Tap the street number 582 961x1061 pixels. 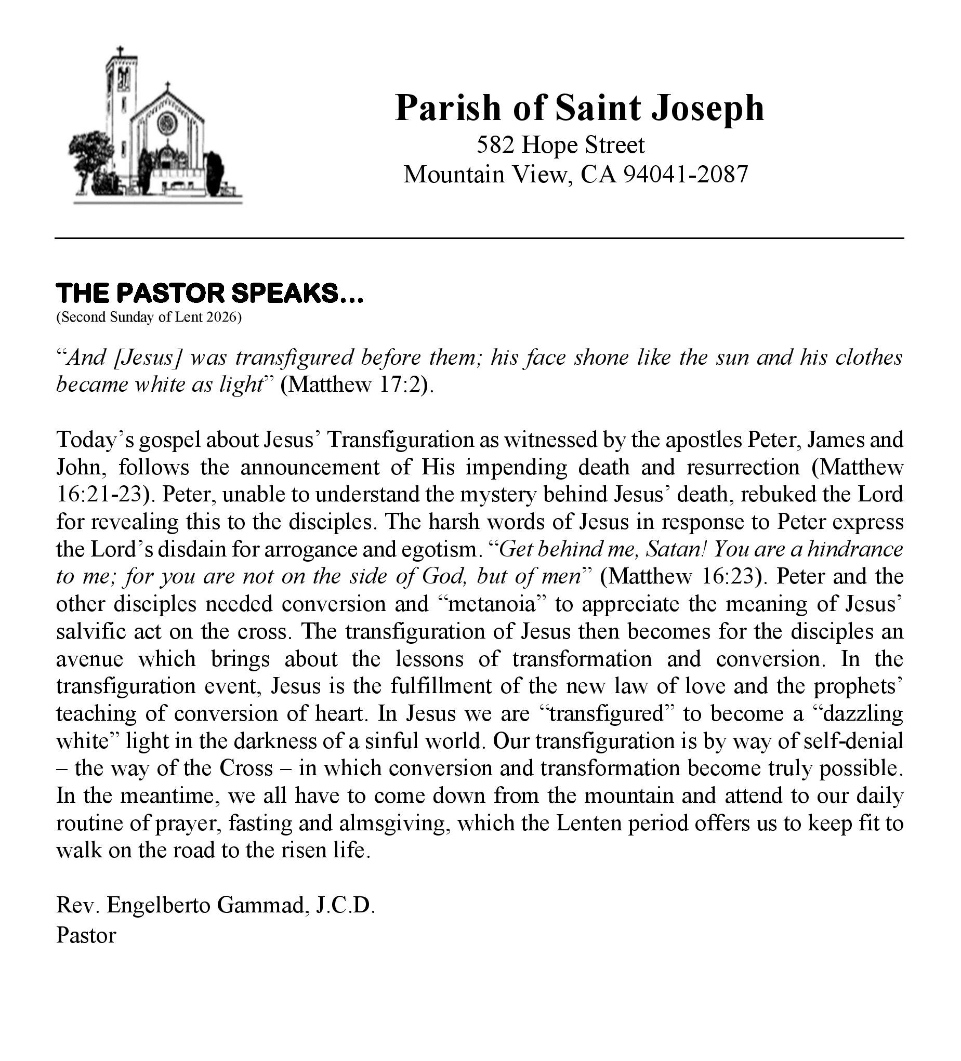coord(494,145)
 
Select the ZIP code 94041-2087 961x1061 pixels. coord(685,174)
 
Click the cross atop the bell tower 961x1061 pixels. coord(121,51)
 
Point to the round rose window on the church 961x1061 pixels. coord(167,123)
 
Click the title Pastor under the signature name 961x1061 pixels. coord(86,935)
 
